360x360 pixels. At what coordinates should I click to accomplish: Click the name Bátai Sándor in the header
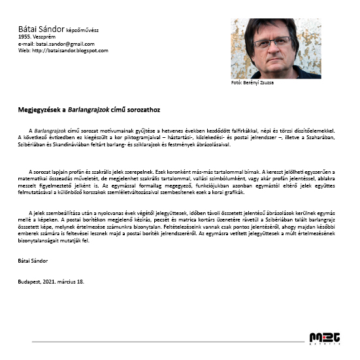(x=41, y=29)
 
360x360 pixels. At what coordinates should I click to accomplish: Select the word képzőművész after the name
(x=84, y=30)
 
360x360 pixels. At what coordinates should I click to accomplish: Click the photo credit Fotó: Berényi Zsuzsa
(x=253, y=83)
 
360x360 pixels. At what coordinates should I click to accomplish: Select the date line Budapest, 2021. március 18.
(x=51, y=282)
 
